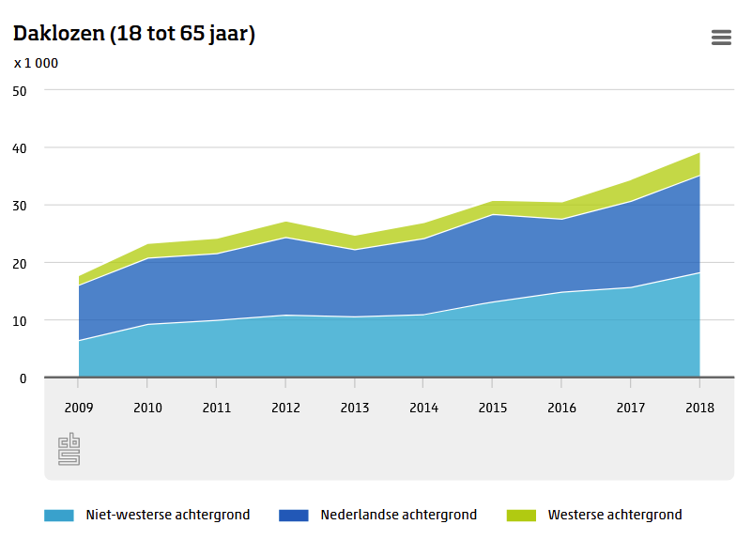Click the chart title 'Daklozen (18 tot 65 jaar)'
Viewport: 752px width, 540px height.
coord(134,34)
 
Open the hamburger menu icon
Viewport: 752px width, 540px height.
coord(721,38)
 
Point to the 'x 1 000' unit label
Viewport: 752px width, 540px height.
coord(37,63)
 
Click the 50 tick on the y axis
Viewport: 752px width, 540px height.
coord(21,90)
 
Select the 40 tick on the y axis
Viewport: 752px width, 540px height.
coord(21,147)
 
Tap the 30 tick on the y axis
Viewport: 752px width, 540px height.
coord(21,205)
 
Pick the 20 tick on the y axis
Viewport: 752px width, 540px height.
coord(21,263)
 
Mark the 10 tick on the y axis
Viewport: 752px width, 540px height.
coord(21,320)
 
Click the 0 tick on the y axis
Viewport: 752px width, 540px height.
coord(23,378)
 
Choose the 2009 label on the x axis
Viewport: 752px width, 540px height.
coord(78,408)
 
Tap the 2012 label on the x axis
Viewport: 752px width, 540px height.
coord(285,408)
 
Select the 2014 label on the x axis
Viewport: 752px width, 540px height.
coord(423,408)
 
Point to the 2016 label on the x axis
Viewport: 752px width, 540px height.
coord(561,408)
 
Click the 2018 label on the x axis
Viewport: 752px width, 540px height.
coord(699,408)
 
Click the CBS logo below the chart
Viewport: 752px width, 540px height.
coord(69,449)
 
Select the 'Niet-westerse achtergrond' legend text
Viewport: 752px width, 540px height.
coord(167,515)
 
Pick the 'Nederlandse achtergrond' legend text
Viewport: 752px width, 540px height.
coord(398,515)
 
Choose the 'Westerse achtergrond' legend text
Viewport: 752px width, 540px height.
coord(615,515)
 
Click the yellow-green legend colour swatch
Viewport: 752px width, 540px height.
coord(521,515)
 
